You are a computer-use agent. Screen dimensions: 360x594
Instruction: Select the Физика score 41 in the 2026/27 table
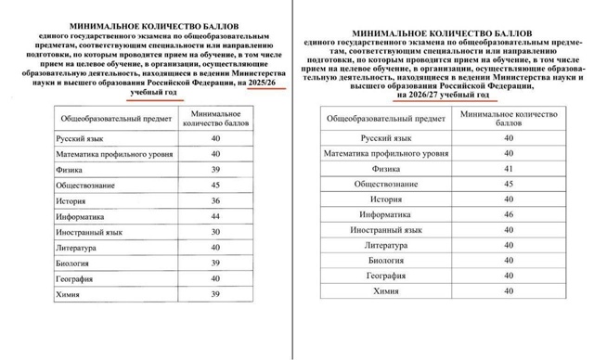(x=508, y=169)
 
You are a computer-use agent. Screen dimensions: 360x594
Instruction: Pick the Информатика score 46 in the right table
(x=508, y=213)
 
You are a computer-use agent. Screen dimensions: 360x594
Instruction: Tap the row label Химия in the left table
(x=66, y=294)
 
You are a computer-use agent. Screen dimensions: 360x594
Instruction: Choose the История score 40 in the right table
(x=508, y=199)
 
